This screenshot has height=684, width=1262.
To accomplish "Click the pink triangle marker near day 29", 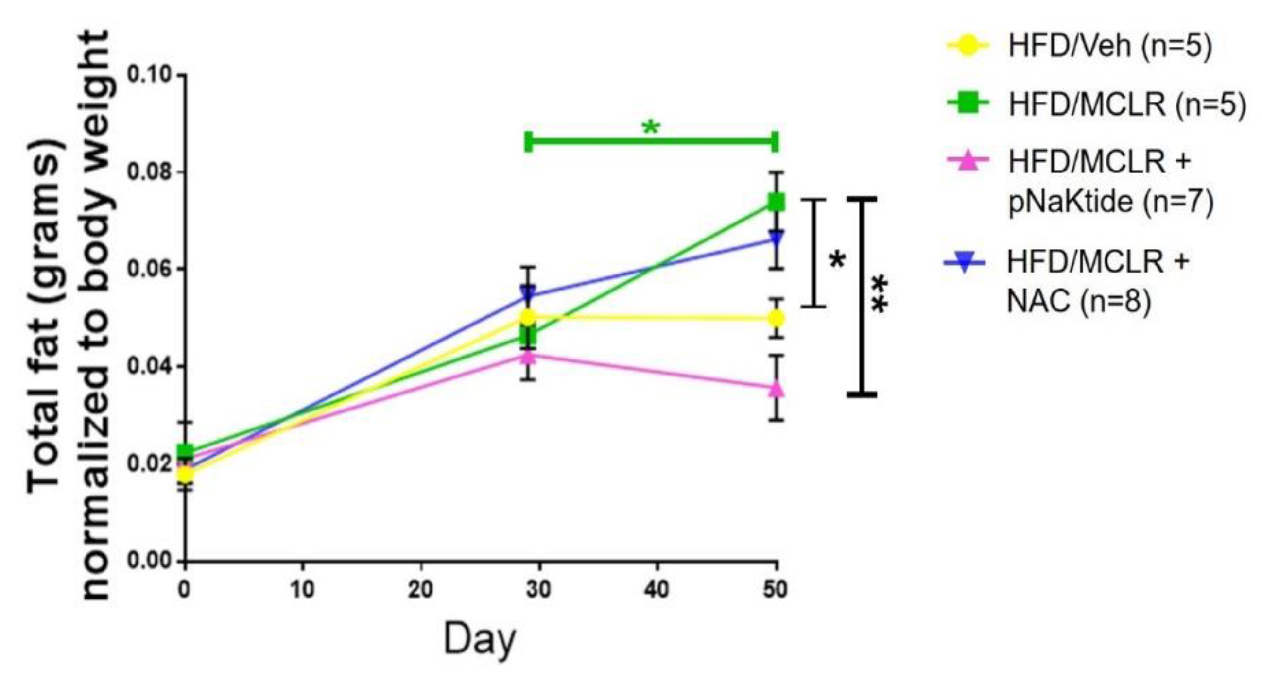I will (528, 356).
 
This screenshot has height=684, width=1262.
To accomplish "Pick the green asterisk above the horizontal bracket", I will (651, 129).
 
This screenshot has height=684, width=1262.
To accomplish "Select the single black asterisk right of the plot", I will (837, 259).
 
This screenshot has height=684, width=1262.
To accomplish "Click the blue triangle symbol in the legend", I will (964, 264).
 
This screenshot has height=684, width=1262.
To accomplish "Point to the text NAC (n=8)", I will (1078, 301).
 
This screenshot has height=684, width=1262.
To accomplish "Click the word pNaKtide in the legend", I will (1071, 201).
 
